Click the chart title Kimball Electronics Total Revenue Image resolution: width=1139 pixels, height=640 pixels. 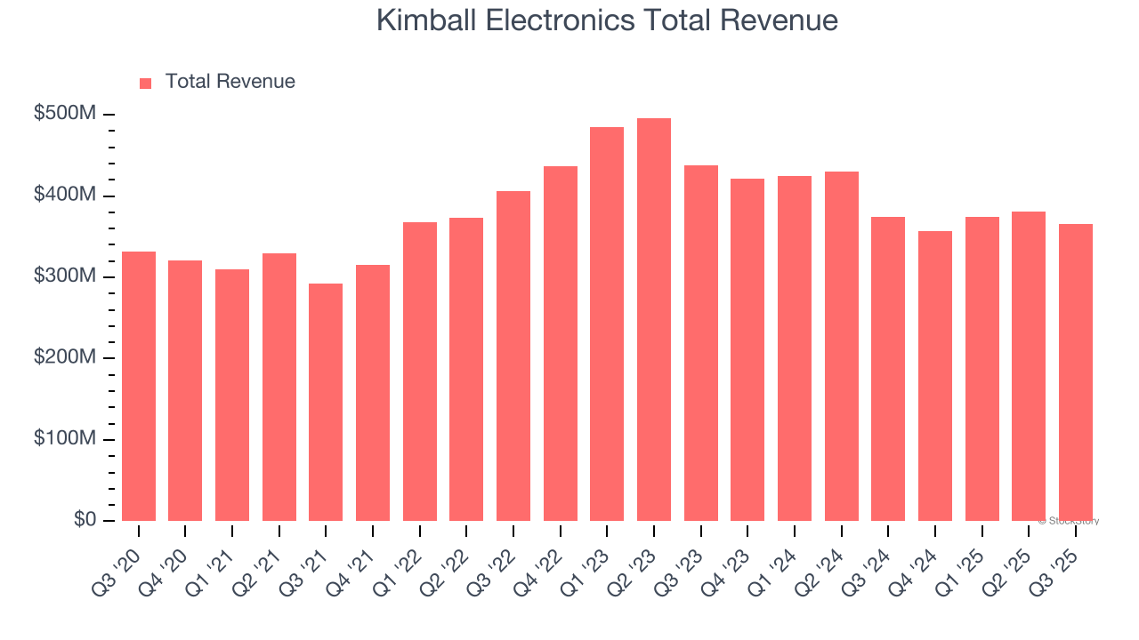[x=607, y=20]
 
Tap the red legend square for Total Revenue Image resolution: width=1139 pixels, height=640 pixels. [x=146, y=83]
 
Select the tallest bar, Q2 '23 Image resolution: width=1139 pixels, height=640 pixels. [x=654, y=320]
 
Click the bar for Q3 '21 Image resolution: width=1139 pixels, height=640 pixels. [x=326, y=402]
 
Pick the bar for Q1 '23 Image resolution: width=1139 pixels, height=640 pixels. [x=607, y=324]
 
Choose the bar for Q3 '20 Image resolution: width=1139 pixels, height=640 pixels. [x=139, y=386]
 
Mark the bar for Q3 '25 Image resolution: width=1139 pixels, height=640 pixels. [x=1076, y=372]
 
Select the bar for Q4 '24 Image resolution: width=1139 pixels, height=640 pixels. [x=935, y=376]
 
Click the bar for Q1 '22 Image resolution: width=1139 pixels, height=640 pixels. [x=420, y=372]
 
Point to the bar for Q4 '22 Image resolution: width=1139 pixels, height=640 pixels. [x=561, y=343]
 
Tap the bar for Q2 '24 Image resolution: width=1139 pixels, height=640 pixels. [x=842, y=346]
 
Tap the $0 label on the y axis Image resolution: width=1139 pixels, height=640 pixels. [x=86, y=520]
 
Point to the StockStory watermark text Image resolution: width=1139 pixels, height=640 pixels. [x=1069, y=521]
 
